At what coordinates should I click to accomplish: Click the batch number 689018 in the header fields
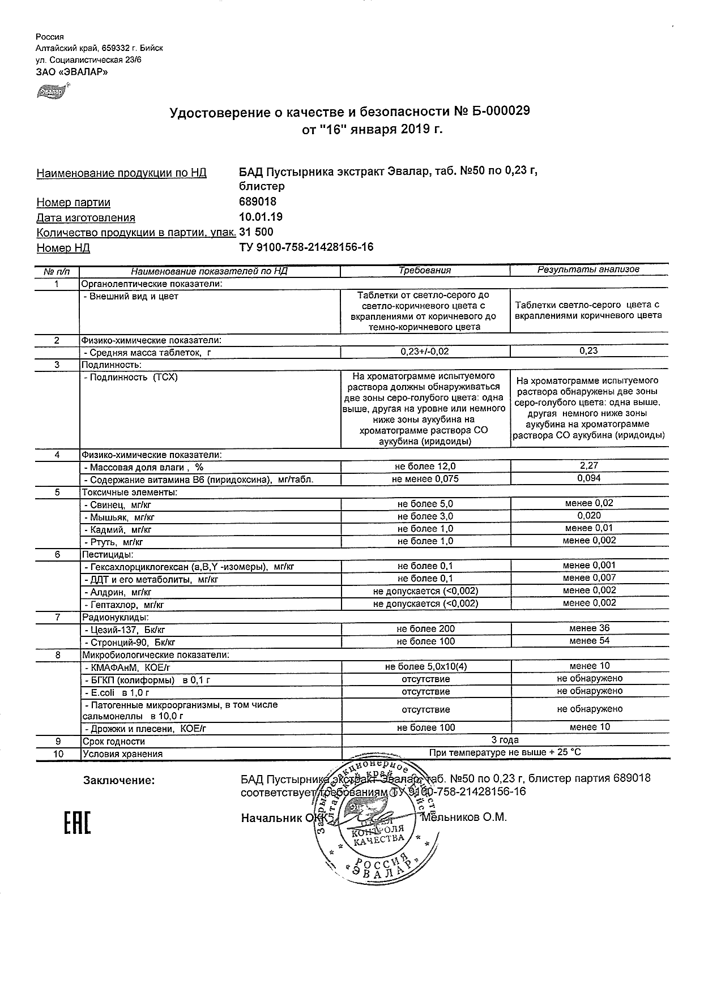[x=258, y=202]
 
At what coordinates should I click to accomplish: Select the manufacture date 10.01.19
[x=261, y=217]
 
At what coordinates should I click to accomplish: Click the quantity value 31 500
[x=257, y=232]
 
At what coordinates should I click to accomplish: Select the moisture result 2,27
[x=589, y=465]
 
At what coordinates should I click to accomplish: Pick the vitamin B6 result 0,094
[x=589, y=478]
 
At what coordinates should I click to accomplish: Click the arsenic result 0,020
[x=589, y=515]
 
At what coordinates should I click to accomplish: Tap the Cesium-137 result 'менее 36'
[x=589, y=628]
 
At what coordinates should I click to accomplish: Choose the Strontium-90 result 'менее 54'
[x=589, y=640]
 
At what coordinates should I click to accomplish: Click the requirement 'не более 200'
[x=425, y=628]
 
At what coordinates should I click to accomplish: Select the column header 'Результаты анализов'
[x=588, y=269]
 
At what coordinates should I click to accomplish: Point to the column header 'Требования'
[x=425, y=271]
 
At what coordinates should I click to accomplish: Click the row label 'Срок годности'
[x=114, y=741]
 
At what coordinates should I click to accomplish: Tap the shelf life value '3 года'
[x=505, y=740]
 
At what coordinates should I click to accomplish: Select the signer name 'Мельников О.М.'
[x=464, y=817]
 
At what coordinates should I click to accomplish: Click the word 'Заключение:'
[x=119, y=781]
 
